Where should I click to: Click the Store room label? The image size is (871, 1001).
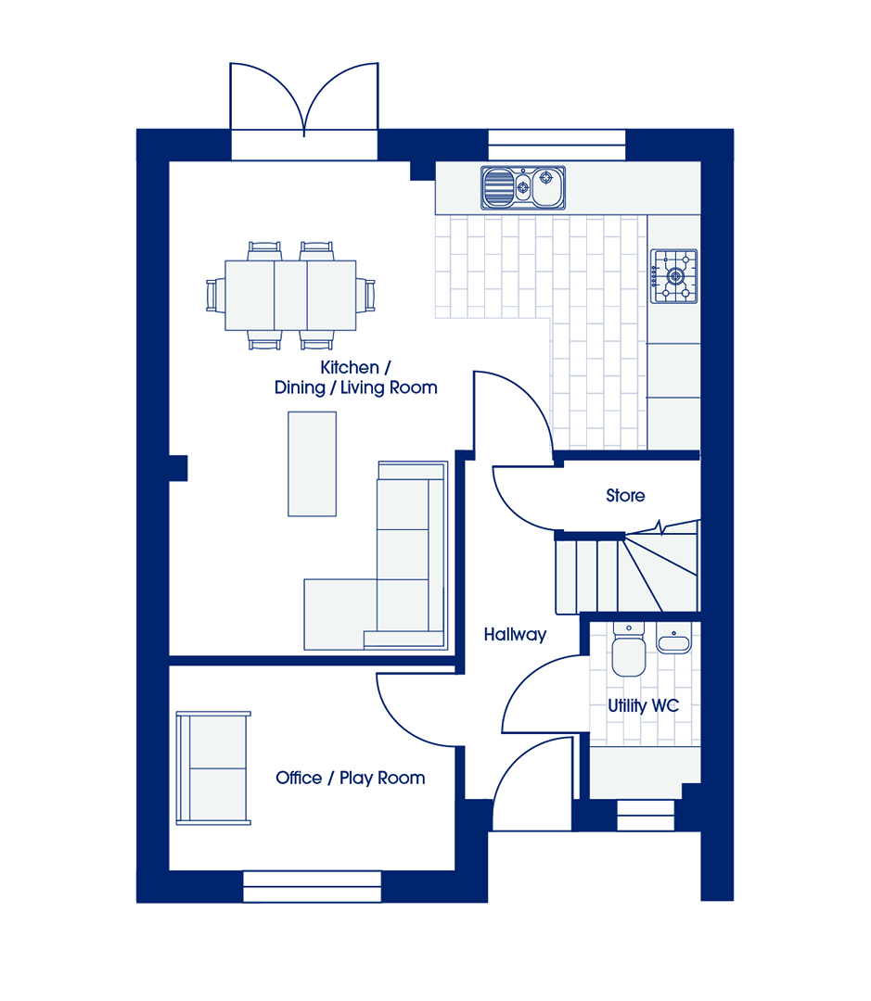[x=625, y=495]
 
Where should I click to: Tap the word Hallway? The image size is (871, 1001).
[x=515, y=635]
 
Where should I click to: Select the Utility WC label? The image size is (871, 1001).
[x=643, y=705]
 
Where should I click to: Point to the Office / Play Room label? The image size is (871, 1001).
[x=351, y=778]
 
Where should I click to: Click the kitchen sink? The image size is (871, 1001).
[x=523, y=187]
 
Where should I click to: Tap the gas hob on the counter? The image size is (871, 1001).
[x=674, y=276]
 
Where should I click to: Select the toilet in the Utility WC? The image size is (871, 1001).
[x=629, y=649]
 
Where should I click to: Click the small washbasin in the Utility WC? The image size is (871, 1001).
[x=673, y=639]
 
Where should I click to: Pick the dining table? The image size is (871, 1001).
[x=290, y=295]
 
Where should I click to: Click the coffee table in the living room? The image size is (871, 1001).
[x=312, y=464]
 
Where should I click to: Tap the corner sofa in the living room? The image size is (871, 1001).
[x=376, y=555]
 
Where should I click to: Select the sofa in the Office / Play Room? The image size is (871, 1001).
[x=213, y=768]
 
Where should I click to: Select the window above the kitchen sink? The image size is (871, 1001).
[x=557, y=145]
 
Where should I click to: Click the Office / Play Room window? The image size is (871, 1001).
[x=313, y=887]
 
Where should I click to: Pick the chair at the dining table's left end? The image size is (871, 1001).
[x=215, y=296]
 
